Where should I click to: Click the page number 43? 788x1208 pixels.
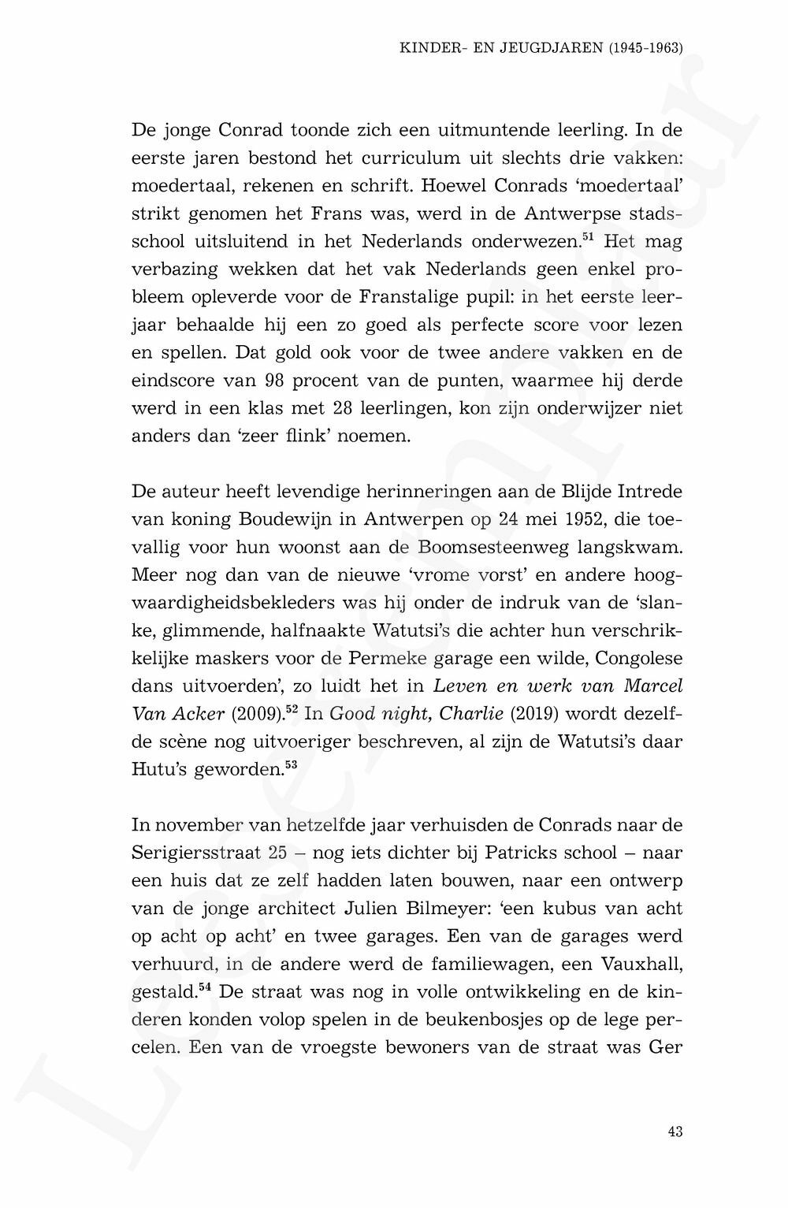(675, 1132)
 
